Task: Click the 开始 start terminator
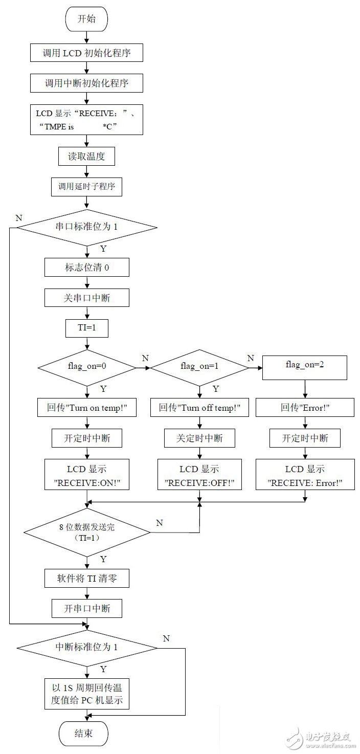[x=86, y=19]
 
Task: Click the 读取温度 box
[x=86, y=157]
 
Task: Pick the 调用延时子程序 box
[x=86, y=187]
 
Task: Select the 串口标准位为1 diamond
[x=86, y=226]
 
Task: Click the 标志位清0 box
[x=86, y=267]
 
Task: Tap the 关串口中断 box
[x=86, y=297]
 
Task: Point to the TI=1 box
[x=86, y=328]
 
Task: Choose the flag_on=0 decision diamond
[x=86, y=366]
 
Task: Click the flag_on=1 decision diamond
[x=198, y=366]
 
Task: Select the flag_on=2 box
[x=305, y=367]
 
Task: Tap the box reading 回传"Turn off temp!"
[x=199, y=408]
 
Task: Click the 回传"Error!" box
[x=305, y=408]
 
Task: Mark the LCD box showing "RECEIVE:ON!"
[x=86, y=475]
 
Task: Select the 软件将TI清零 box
[x=86, y=579]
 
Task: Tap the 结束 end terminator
[x=84, y=733]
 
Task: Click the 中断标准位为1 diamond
[x=86, y=647]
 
